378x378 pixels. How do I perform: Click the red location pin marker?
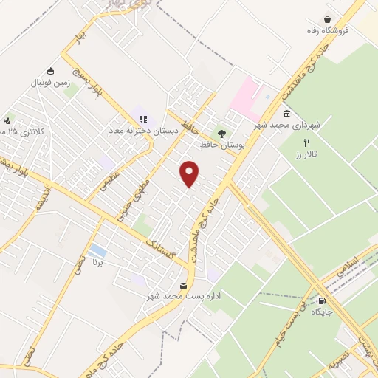pyautogui.click(x=190, y=174)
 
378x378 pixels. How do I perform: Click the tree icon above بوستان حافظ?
pyautogui.click(x=222, y=134)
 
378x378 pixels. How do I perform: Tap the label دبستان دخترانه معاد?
pyautogui.click(x=143, y=128)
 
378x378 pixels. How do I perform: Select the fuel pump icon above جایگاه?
pyautogui.click(x=322, y=300)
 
